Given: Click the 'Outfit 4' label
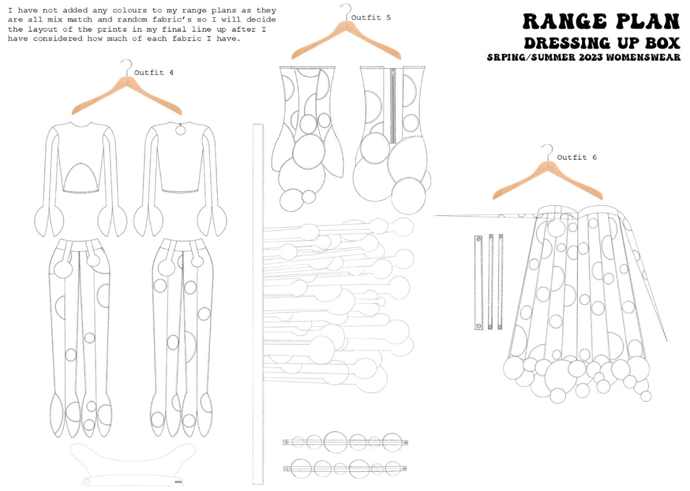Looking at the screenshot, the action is [x=153, y=73].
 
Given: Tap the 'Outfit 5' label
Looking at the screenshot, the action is [x=371, y=18].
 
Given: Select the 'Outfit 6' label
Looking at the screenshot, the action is [x=577, y=157].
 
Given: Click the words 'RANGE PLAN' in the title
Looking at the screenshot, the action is [x=601, y=21].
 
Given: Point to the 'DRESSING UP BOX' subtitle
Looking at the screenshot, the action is [x=602, y=43].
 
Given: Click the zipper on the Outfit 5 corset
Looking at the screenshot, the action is [x=393, y=105].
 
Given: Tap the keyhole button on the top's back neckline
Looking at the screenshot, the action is [x=180, y=130].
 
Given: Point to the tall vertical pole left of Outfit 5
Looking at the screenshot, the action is [x=258, y=304].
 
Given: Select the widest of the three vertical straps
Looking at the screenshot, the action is [x=478, y=282].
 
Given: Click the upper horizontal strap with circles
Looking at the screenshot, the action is [x=346, y=442].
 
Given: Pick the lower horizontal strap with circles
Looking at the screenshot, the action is [x=345, y=468].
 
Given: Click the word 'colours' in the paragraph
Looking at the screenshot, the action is [x=130, y=10].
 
